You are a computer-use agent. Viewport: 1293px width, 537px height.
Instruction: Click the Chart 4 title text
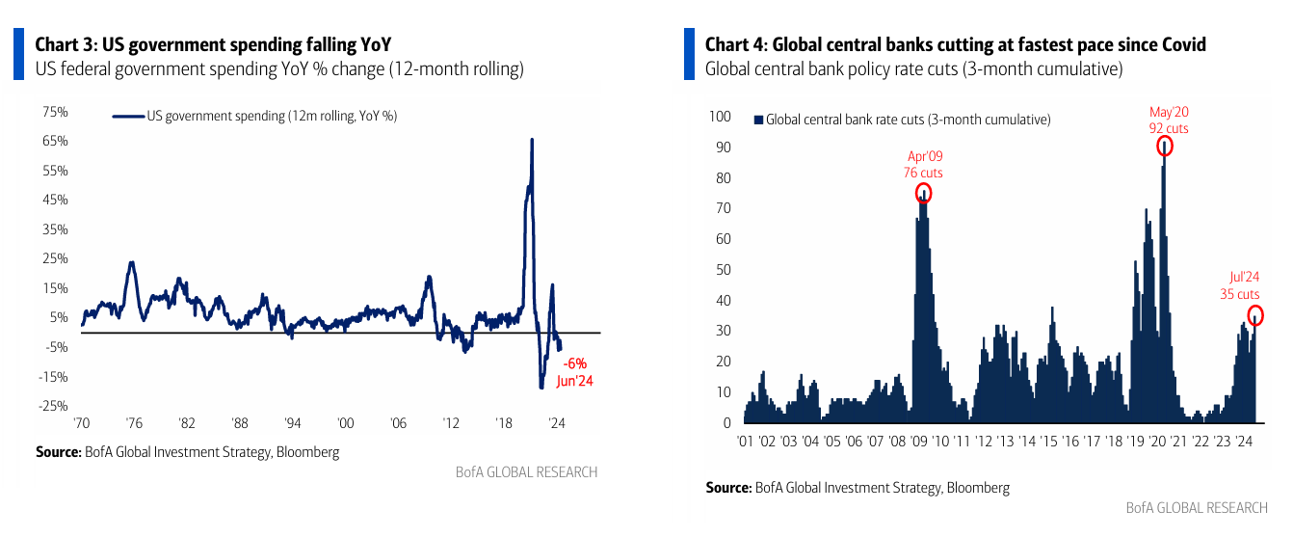tap(955, 44)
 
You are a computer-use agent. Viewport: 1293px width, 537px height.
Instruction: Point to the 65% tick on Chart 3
tap(55, 141)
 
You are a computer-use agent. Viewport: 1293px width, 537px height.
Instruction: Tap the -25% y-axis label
tap(54, 406)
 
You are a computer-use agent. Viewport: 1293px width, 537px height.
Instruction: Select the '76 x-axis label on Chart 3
tap(134, 423)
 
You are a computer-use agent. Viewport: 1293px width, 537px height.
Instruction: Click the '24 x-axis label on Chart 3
tap(556, 423)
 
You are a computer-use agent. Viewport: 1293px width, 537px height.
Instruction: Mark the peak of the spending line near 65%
tap(532, 140)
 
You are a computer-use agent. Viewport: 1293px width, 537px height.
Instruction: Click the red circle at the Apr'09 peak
tap(924, 193)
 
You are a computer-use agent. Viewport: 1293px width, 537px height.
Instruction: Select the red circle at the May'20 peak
tap(1165, 147)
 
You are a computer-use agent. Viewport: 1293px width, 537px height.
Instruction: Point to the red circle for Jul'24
tap(1255, 315)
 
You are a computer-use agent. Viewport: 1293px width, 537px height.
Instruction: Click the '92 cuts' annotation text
tap(1168, 128)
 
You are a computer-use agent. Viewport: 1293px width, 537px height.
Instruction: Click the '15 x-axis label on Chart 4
tap(1048, 442)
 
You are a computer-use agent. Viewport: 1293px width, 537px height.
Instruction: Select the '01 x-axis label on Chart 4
tap(745, 442)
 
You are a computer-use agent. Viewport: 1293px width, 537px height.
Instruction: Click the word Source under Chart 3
tap(58, 451)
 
